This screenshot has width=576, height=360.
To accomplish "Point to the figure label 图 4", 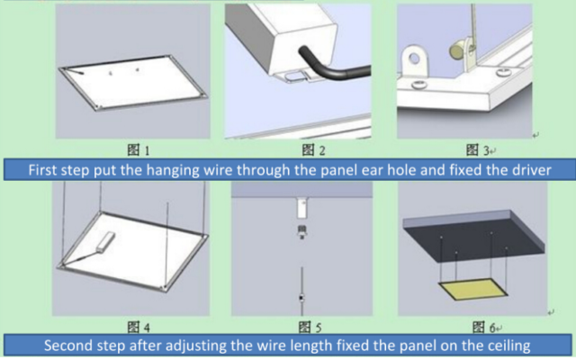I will (x=139, y=325).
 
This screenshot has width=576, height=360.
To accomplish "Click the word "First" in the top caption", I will (x=47, y=169).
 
